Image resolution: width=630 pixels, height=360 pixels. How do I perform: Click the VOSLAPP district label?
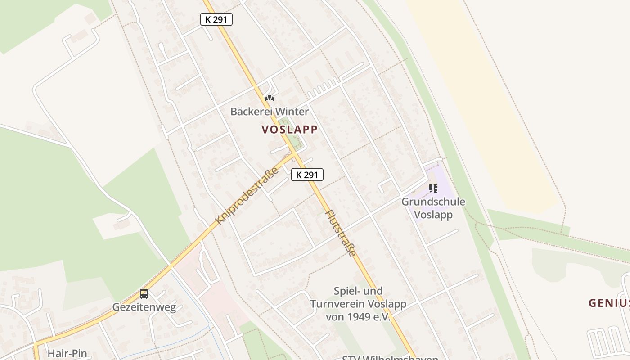289,130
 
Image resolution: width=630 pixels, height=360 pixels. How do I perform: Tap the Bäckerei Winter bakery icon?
269,98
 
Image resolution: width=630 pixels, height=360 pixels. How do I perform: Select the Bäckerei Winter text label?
270,111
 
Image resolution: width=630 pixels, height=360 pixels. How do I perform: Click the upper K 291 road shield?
216,19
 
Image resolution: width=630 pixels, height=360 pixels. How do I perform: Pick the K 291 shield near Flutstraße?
307,175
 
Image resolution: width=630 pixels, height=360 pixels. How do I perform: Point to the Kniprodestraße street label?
247,196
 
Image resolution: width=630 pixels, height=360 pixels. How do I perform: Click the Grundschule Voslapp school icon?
433,188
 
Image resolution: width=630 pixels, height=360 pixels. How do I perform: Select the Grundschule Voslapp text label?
433,208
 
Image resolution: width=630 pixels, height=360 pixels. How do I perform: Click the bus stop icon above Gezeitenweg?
144,294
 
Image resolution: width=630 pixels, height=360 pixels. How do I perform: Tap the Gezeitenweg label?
144,308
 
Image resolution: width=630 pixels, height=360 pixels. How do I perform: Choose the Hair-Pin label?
67,354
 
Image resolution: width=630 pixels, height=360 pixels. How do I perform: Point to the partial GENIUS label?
609,303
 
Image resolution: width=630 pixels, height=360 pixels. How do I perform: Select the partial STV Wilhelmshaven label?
390,357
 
